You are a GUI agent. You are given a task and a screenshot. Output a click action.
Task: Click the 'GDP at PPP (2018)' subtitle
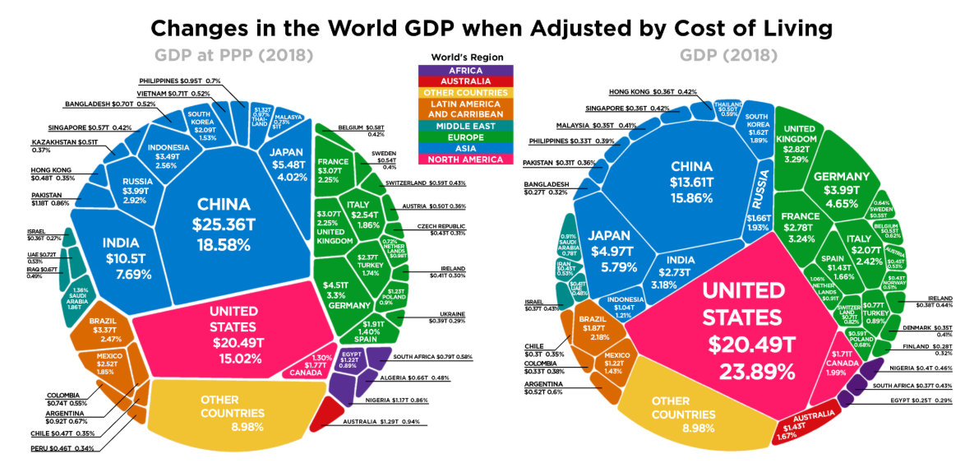point(233,56)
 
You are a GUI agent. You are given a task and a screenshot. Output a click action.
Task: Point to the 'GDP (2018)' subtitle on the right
point(727,56)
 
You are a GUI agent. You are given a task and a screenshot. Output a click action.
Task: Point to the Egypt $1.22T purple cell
point(349,363)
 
